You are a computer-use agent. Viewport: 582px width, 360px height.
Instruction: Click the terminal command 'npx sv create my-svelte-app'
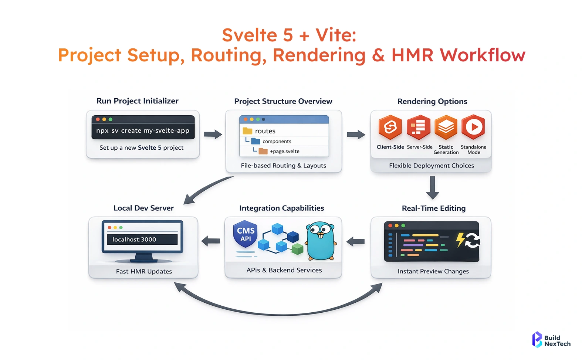143,130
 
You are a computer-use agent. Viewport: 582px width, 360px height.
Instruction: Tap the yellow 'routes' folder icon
247,131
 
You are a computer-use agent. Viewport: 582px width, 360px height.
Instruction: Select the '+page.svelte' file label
285,151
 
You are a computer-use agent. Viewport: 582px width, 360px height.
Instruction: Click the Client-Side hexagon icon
390,127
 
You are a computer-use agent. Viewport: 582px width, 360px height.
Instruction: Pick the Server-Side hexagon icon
418,127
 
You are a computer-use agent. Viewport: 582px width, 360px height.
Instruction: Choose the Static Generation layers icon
446,127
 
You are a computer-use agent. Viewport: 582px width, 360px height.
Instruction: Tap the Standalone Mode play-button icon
473,127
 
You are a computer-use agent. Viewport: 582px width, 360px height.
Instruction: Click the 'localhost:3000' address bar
142,240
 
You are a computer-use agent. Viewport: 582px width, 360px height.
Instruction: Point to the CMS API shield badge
246,234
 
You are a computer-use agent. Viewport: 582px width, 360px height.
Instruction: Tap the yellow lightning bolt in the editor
460,240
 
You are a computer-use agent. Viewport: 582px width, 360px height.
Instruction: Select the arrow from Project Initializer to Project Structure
213,134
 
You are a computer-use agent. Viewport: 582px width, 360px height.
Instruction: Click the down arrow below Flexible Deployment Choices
432,187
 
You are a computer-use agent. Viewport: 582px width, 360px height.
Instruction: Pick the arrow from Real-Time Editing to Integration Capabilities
356,242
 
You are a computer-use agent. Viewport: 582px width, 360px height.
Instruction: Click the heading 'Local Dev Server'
143,208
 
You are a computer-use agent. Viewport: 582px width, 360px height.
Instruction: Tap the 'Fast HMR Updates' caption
144,271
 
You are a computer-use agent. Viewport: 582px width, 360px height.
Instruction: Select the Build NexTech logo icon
537,339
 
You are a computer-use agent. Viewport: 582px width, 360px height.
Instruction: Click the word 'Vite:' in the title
336,35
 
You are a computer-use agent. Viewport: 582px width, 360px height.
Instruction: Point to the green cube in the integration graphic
297,249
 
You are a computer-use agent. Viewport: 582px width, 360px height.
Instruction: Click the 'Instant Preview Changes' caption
433,271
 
